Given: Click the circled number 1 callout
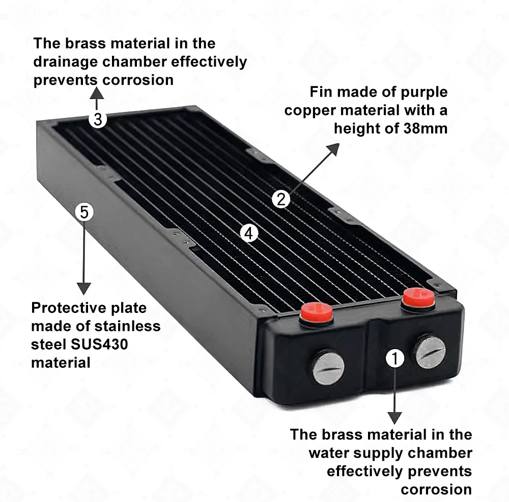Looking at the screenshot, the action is [x=395, y=358].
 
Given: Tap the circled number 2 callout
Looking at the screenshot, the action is [x=280, y=199].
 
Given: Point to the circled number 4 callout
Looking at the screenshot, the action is [x=248, y=233].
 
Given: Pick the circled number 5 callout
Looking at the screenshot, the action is [x=84, y=212].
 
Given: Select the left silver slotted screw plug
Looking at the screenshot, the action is [x=328, y=367].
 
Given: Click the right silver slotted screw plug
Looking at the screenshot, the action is [x=431, y=352].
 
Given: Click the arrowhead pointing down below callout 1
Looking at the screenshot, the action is [x=395, y=418].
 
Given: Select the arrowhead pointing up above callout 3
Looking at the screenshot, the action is [x=97, y=92].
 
